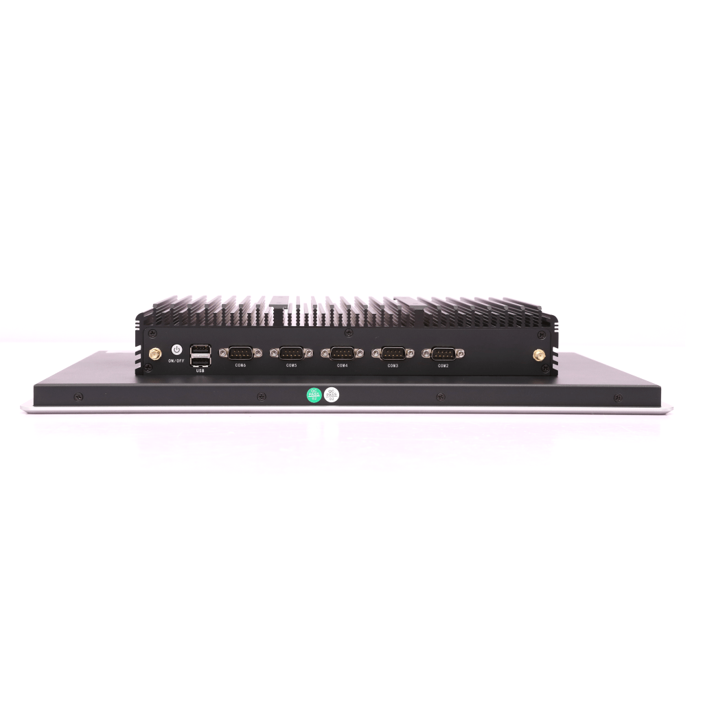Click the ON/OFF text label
tap(176, 360)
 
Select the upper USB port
tap(200, 348)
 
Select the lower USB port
tap(200, 360)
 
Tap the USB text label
tap(200, 370)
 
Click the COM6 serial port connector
tap(240, 353)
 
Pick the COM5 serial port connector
tap(291, 353)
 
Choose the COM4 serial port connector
tap(342, 353)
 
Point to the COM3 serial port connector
tap(393, 353)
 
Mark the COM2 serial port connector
tap(443, 353)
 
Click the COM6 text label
tap(240, 365)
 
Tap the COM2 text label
tap(443, 365)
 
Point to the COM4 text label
tap(342, 365)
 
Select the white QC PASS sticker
tap(332, 395)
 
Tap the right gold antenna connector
tap(539, 356)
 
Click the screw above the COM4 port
tap(348, 334)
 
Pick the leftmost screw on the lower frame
tap(78, 397)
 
